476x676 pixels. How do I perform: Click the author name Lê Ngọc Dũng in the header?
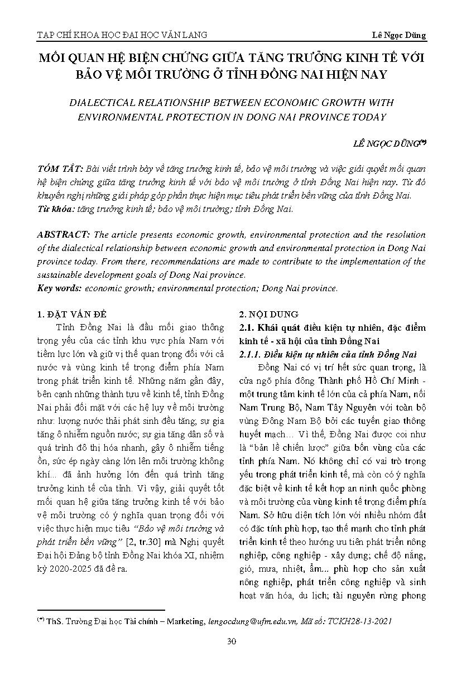click(398, 35)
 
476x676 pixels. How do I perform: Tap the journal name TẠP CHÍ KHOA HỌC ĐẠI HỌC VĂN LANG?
click(122, 35)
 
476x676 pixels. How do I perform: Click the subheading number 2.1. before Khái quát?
click(246, 327)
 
